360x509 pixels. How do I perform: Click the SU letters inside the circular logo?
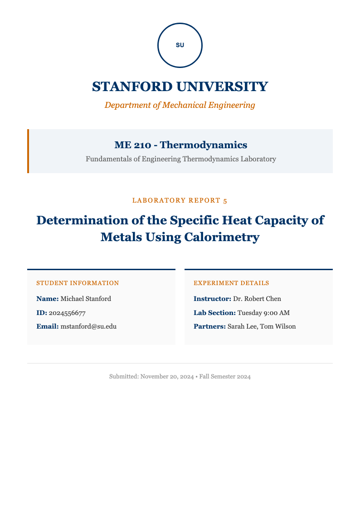(180, 45)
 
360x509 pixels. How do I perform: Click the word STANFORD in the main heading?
(132, 87)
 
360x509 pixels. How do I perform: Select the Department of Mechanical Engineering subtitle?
(180, 105)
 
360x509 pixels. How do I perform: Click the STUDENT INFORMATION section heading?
(78, 283)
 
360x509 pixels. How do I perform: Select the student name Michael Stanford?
(86, 299)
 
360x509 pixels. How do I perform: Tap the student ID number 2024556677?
(67, 313)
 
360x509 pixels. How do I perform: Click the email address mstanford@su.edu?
(88, 326)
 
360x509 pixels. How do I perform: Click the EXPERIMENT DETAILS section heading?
(231, 283)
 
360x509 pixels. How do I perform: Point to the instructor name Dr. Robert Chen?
(257, 299)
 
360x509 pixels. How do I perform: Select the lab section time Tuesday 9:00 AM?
(263, 313)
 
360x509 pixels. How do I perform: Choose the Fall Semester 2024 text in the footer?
(225, 377)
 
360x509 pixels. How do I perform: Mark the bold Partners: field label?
(209, 326)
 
